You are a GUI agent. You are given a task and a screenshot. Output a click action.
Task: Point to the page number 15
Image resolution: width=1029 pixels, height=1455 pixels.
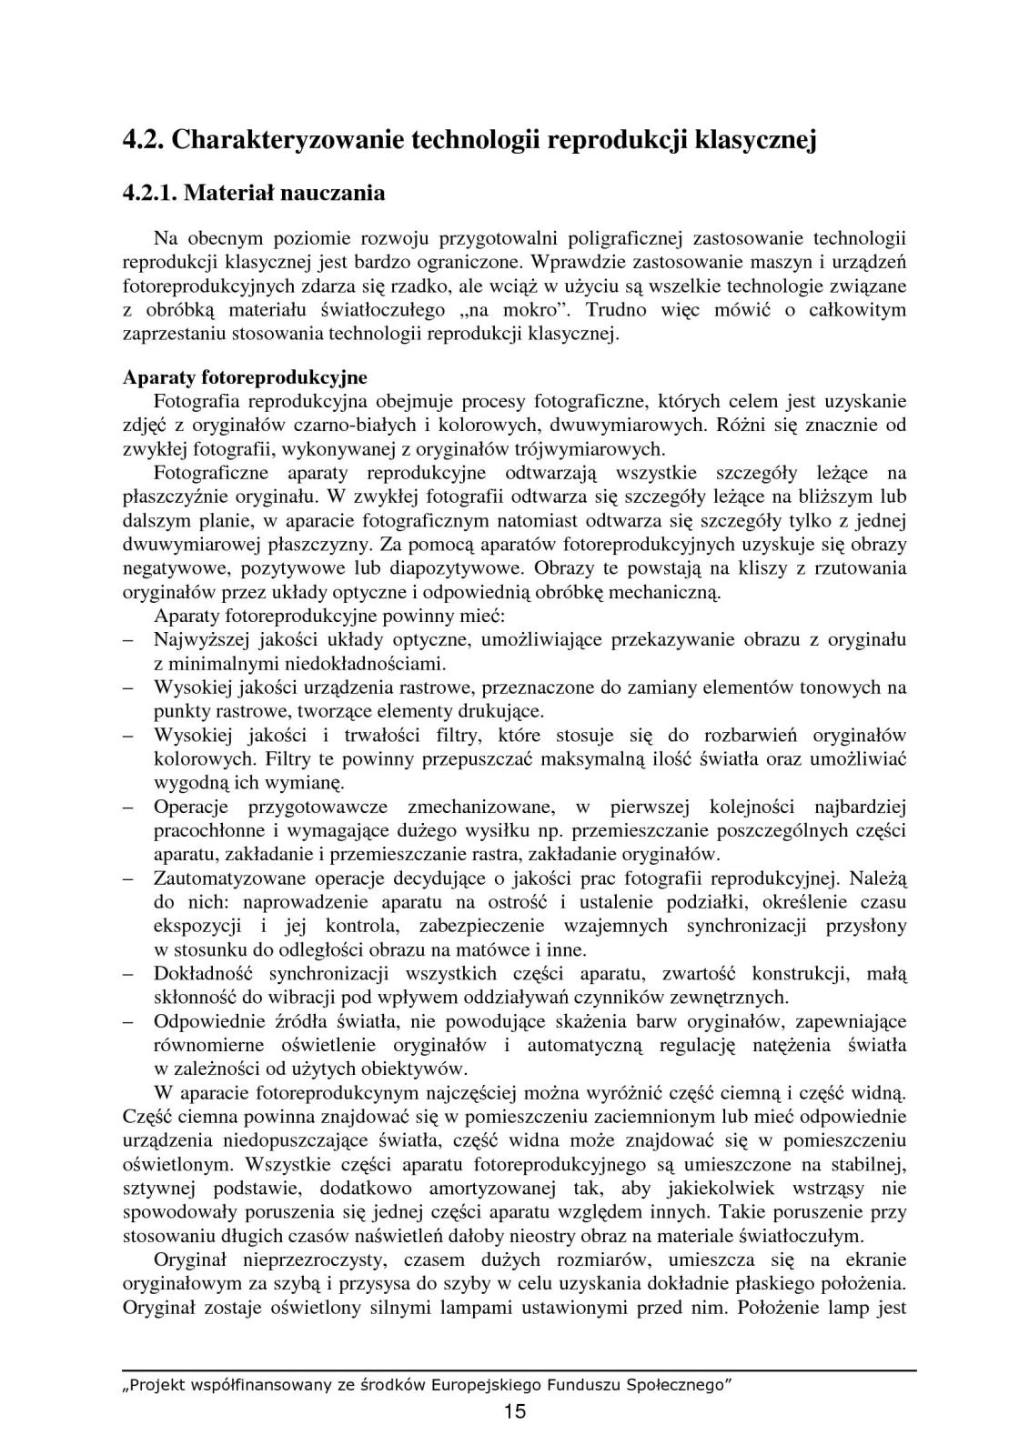[x=514, y=1411]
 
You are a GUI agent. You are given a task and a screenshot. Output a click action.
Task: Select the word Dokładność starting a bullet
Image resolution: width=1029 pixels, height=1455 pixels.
[x=199, y=974]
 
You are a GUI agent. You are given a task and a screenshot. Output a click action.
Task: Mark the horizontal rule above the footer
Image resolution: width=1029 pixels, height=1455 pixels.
[x=519, y=1369]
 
